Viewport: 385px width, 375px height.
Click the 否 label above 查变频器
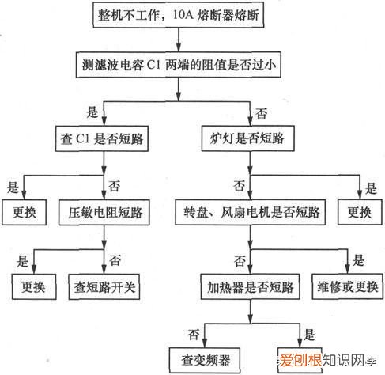(x=193, y=333)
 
